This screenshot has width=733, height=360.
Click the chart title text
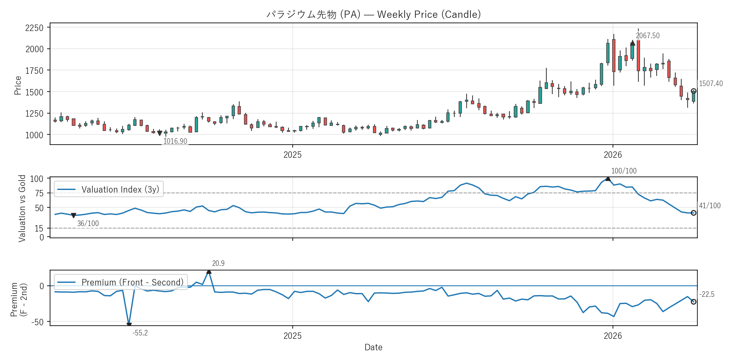(373, 14)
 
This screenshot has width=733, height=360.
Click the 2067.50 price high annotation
(647, 36)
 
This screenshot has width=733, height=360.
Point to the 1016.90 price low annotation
(175, 141)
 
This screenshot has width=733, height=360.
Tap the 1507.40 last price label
(711, 84)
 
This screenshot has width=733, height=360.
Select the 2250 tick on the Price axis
(34, 28)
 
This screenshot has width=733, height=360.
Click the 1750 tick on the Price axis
(34, 71)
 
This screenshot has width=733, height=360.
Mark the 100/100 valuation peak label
(624, 171)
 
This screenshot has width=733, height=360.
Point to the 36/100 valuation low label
(88, 223)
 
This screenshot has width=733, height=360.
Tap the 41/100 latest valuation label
(710, 206)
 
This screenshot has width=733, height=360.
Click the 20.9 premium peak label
(218, 263)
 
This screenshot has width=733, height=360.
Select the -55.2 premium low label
(140, 333)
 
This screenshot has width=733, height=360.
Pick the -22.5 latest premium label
(707, 294)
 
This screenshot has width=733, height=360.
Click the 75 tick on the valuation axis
(39, 193)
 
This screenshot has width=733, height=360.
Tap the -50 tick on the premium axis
(37, 322)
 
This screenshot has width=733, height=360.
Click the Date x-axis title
(373, 347)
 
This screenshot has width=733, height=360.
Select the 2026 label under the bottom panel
(613, 336)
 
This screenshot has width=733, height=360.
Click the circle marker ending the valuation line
(694, 213)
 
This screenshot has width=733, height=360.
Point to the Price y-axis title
(17, 85)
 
